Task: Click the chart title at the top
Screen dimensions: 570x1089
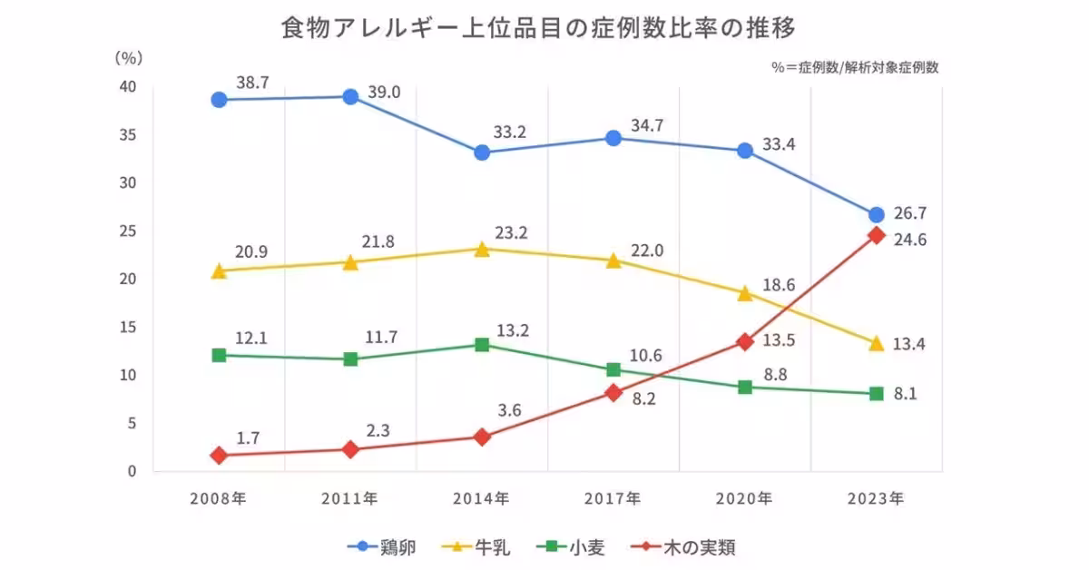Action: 539,28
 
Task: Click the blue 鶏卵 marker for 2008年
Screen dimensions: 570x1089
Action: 219,100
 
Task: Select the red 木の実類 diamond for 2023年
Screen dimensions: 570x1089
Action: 876,235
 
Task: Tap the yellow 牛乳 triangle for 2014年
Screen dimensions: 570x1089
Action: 482,249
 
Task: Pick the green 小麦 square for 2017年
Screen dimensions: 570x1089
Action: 613,369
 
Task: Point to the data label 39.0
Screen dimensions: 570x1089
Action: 384,93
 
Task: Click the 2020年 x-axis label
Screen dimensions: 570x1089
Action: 744,498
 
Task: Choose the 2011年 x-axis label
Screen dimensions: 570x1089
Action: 350,498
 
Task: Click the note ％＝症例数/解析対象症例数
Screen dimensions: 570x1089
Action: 855,67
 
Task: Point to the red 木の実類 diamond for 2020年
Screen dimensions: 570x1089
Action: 745,341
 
